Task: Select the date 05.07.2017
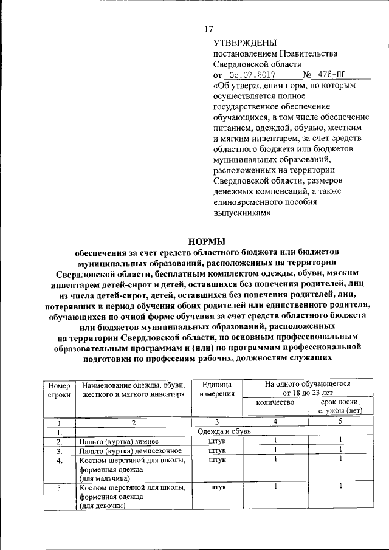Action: pos(249,75)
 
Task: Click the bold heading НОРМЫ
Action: pos(202,242)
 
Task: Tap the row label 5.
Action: pos(60,487)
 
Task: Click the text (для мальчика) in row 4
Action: pos(105,480)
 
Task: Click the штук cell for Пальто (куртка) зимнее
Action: pos(216,441)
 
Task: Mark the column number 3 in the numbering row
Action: pos(216,422)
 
